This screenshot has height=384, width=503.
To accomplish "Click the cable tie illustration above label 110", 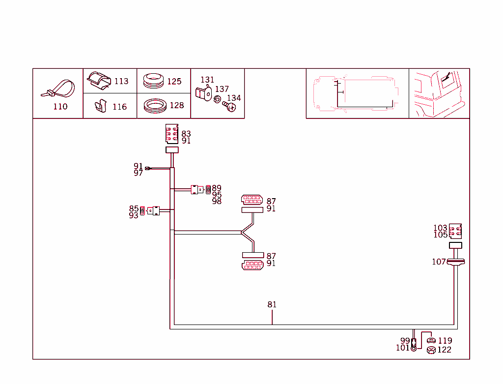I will click(59, 90).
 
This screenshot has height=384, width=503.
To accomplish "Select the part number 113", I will click(121, 82).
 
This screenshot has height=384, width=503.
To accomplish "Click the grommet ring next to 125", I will click(154, 81).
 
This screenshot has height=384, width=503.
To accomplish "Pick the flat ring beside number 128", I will click(155, 106).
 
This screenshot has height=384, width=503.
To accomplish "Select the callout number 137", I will click(222, 89).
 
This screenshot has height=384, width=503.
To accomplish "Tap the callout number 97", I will click(138, 173).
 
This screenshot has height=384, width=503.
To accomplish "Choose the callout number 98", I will click(217, 202).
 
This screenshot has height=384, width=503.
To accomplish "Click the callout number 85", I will click(134, 209).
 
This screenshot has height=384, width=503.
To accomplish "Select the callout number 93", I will click(134, 216).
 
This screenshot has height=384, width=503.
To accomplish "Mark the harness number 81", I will click(272, 305).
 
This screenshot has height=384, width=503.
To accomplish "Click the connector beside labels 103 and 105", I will click(455, 231).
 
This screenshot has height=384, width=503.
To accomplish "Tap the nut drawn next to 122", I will click(431, 350).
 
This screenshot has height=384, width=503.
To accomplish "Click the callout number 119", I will click(445, 341).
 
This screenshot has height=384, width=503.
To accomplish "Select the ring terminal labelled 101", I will click(414, 349).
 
